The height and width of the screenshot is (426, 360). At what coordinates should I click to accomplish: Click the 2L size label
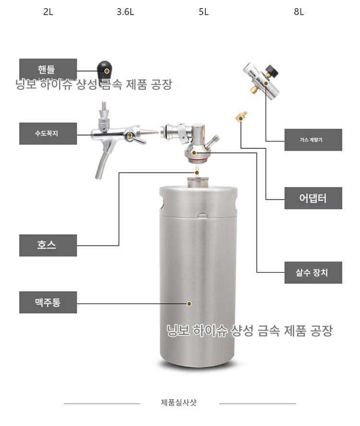tap(48, 12)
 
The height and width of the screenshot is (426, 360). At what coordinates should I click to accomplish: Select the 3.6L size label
tap(125, 12)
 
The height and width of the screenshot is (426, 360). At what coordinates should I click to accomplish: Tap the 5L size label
tap(204, 12)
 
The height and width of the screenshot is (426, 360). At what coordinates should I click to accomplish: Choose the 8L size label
tap(299, 12)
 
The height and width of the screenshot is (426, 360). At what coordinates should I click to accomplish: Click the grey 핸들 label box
tap(48, 69)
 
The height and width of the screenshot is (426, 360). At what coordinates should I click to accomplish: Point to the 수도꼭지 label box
tap(48, 133)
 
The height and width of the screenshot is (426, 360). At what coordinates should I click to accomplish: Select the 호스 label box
tap(48, 245)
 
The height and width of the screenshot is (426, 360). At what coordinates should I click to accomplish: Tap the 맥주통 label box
tap(48, 302)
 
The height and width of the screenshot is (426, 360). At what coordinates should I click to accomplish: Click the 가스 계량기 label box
tap(313, 140)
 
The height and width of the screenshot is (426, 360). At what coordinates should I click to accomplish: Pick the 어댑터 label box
tap(313, 198)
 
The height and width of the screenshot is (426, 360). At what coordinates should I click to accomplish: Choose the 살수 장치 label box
tap(313, 272)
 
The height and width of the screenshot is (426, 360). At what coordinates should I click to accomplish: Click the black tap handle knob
tap(105, 70)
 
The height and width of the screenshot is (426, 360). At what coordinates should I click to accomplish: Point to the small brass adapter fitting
tap(241, 116)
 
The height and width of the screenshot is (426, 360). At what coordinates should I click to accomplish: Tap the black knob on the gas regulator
tap(272, 71)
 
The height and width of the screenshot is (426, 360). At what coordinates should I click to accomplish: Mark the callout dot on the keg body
tap(189, 304)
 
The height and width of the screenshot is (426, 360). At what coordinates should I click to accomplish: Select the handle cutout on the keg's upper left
tap(162, 203)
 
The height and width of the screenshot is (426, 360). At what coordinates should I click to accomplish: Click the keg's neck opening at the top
tap(198, 181)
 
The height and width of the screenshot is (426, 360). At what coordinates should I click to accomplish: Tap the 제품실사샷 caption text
tap(179, 402)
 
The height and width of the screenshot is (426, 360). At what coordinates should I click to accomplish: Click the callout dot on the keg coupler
tap(194, 153)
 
